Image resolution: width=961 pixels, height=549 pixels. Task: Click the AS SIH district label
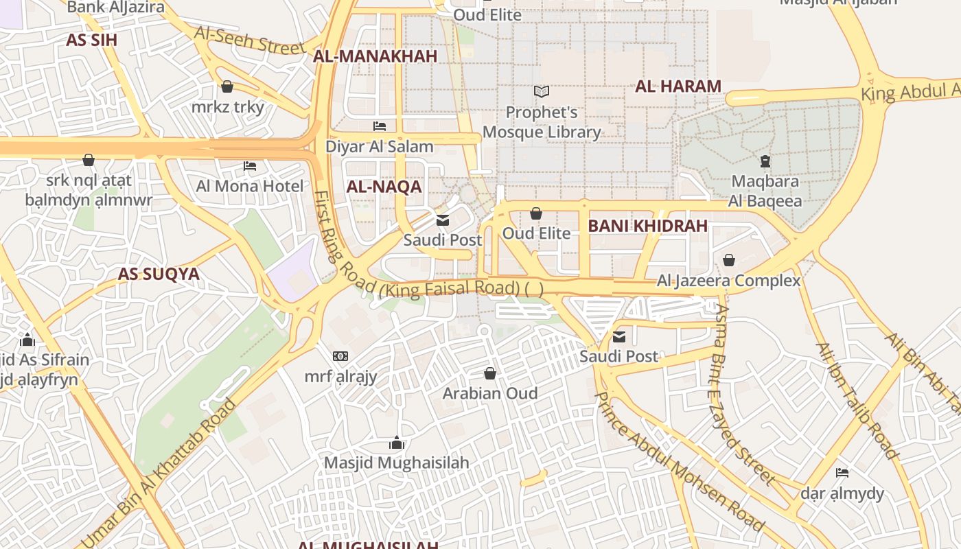(91, 40)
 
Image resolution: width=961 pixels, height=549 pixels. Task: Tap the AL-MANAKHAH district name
(375, 56)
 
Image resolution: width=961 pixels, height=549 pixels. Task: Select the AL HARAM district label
(678, 86)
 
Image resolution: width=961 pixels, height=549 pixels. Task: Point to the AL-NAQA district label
(384, 187)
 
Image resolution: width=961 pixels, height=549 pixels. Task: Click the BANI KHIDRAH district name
(647, 226)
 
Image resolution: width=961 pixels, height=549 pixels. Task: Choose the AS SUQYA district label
(159, 274)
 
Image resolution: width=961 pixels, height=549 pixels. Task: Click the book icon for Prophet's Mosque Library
(542, 91)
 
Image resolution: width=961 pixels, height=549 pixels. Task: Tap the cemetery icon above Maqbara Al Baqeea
(765, 162)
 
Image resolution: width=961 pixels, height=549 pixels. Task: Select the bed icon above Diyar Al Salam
(379, 126)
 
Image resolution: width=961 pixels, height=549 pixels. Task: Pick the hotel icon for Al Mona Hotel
(250, 166)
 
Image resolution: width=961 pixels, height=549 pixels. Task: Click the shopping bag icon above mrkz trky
(227, 86)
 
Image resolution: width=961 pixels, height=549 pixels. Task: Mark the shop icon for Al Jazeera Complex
(728, 260)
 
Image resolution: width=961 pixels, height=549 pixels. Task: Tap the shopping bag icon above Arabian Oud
(489, 373)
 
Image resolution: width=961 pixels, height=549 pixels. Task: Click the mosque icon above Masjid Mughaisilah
(396, 443)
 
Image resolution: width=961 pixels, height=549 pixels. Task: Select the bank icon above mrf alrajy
(340, 356)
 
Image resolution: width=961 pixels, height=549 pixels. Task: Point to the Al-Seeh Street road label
(249, 40)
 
